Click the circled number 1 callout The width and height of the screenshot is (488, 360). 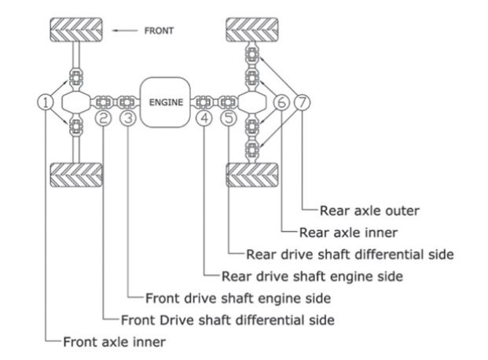(46, 102)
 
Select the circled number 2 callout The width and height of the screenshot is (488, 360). (104, 118)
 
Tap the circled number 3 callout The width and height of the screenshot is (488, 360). (128, 118)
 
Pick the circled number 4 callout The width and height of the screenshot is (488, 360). (204, 118)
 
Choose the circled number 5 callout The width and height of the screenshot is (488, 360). (229, 118)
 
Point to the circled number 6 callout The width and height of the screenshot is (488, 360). (281, 102)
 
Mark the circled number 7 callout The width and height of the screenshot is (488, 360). (303, 102)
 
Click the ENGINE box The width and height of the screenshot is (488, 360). (165, 102)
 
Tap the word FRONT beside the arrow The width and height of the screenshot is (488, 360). (159, 31)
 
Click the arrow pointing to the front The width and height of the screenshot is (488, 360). (124, 31)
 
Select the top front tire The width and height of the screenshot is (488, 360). (76, 30)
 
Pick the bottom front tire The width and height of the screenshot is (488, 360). (76, 174)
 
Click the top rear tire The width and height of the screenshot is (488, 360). (252, 30)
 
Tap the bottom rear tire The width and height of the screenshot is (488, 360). (252, 174)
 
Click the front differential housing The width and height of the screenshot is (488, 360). (76, 102)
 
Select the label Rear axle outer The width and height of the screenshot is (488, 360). (370, 211)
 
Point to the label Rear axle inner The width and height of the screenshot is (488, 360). (349, 233)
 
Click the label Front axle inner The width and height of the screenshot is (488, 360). (115, 342)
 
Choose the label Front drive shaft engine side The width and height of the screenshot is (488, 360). (238, 299)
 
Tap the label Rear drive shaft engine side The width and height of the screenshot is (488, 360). (312, 277)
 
